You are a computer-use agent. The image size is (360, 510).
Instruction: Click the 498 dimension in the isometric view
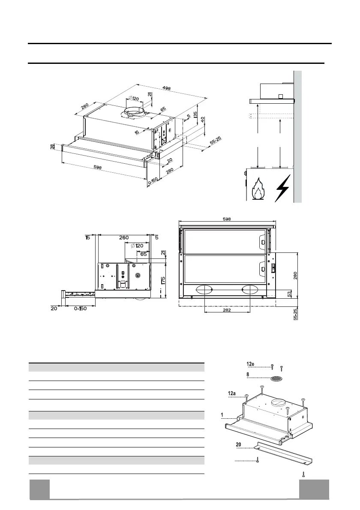166,89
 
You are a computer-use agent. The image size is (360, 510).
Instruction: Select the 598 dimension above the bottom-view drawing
227,219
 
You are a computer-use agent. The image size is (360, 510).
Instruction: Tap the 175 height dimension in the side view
163,282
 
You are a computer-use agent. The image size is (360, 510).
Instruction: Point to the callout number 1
222,415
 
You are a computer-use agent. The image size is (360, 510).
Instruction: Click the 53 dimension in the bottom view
290,294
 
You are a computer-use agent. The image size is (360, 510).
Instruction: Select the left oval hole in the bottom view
204,290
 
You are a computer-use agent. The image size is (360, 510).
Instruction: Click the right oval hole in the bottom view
250,290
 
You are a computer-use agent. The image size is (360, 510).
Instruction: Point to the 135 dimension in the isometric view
195,115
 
